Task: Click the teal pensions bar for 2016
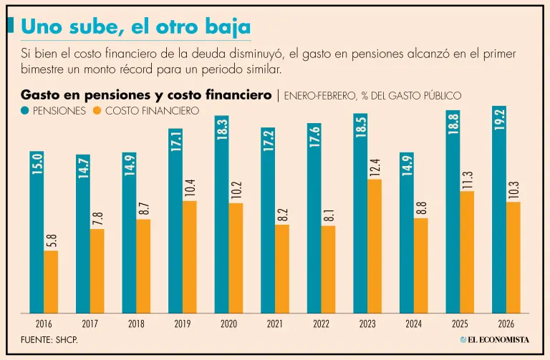point(37,233)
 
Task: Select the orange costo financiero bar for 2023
point(375,246)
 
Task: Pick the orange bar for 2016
point(51,282)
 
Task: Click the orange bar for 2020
point(236,258)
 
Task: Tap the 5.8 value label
point(51,240)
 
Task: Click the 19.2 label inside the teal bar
point(499,119)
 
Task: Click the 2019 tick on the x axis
point(182,323)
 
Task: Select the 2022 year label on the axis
point(321,323)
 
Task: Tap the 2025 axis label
point(460,323)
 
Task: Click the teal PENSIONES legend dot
point(26,111)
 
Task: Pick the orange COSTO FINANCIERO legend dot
point(98,111)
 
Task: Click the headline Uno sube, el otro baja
point(135,27)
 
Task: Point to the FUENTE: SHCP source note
point(49,339)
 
